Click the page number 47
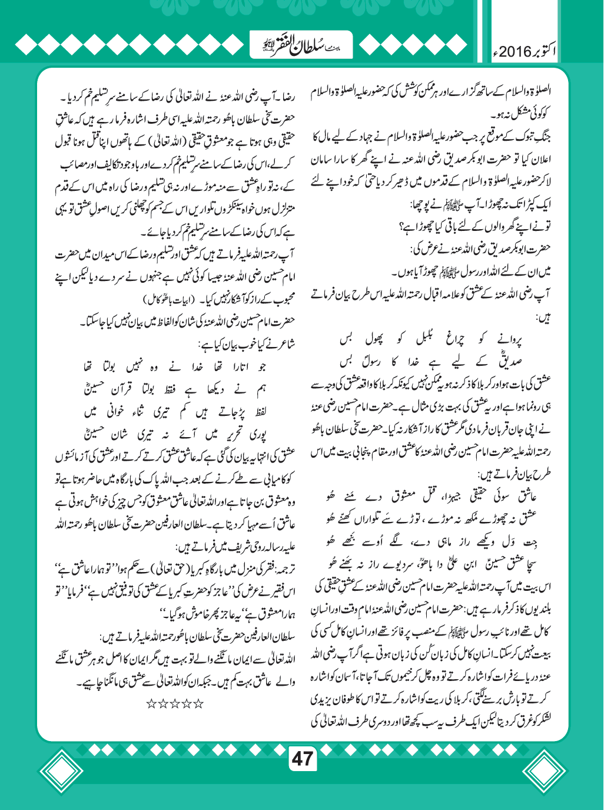tap(302, 758)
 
